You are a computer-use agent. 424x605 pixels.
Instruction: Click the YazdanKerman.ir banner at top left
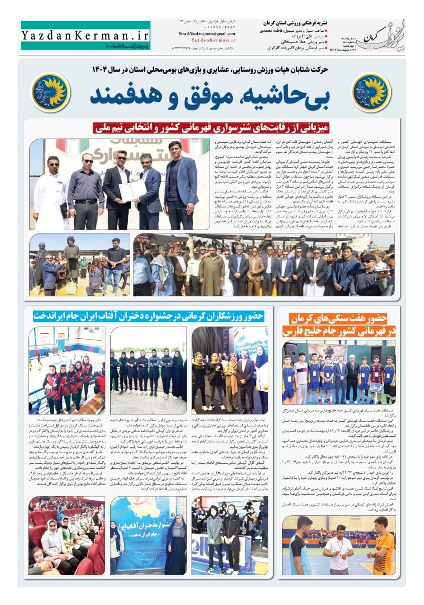[x=86, y=36]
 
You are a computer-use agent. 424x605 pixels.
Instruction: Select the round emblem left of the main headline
[x=51, y=92]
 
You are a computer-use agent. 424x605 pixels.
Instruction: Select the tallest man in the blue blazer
[x=181, y=184]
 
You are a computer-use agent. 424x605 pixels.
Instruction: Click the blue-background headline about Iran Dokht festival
[x=148, y=315]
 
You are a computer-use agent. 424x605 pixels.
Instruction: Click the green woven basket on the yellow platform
[x=72, y=286]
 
